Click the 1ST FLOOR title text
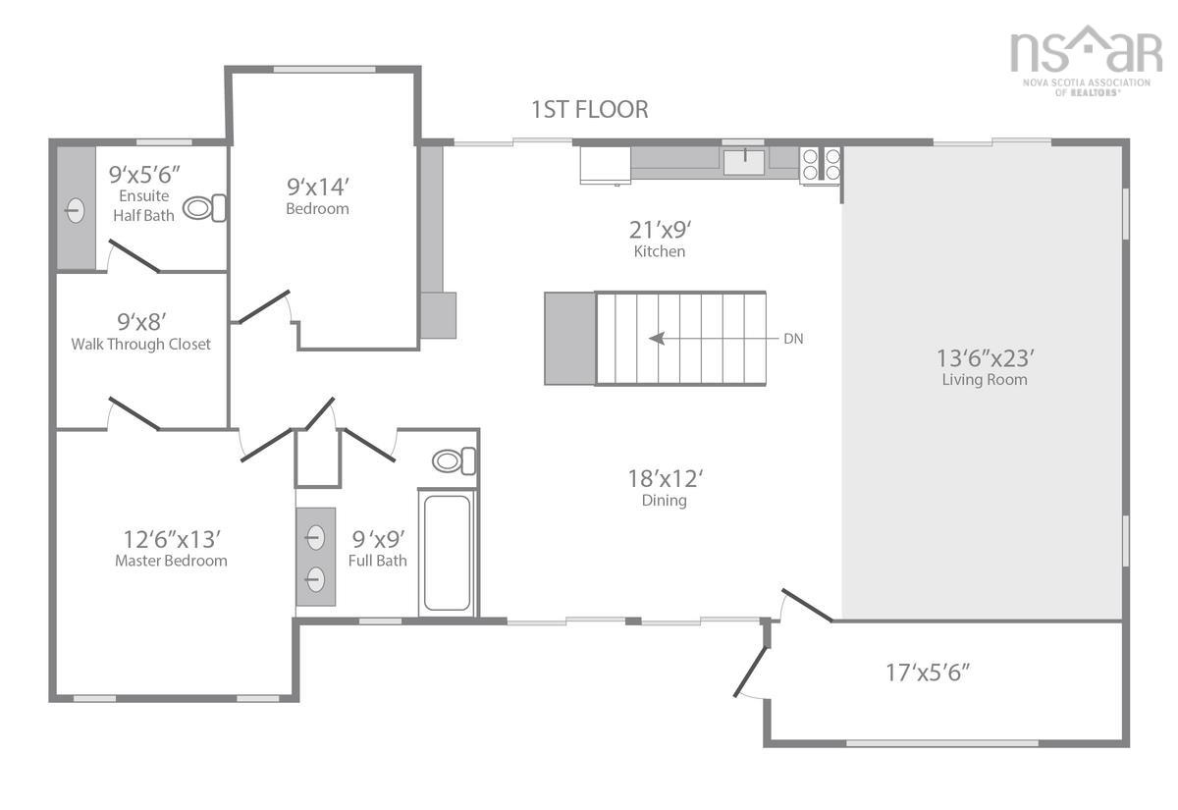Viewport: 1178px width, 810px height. pos(589,109)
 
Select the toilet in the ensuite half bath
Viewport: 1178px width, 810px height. pos(205,208)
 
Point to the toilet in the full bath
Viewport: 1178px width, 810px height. pos(454,460)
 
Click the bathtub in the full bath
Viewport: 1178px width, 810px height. pos(447,555)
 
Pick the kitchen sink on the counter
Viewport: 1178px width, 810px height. pos(744,161)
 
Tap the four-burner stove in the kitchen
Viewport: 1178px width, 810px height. pos(822,164)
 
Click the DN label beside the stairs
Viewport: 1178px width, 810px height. pos(793,339)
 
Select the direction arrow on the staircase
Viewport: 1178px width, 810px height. pos(677,339)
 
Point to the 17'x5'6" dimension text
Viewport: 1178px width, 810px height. pos(929,673)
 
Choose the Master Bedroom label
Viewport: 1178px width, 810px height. pos(171,561)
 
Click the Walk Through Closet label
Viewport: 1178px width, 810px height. pos(140,345)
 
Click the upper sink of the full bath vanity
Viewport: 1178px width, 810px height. pos(315,537)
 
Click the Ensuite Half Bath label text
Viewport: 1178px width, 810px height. pos(143,206)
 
